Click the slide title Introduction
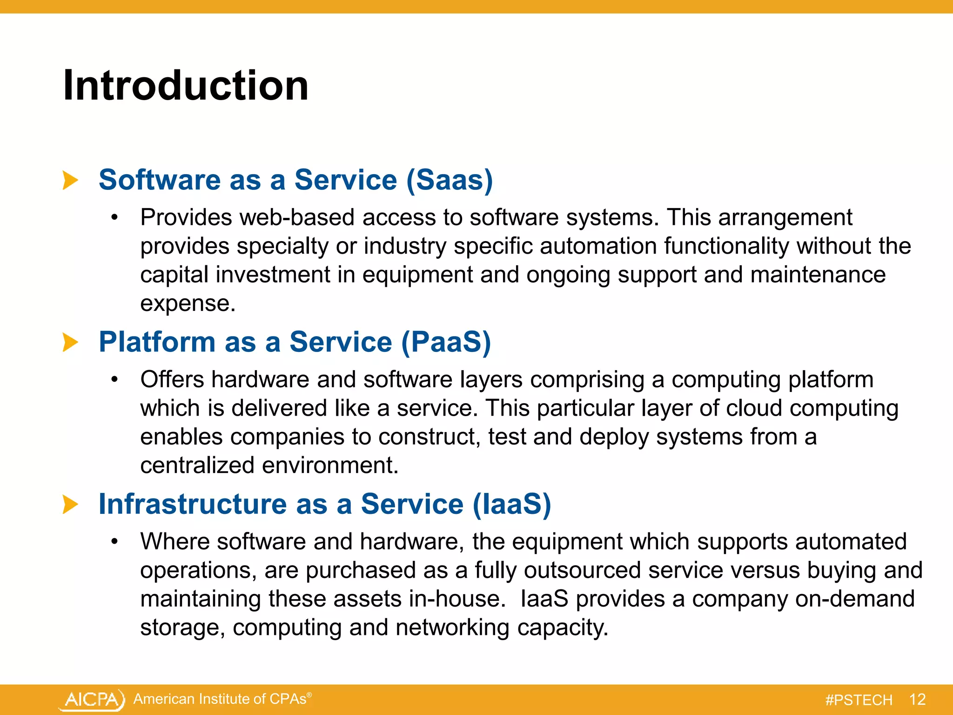[186, 85]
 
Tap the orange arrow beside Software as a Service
[70, 180]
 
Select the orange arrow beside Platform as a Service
[70, 342]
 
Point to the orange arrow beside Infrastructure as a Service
[70, 505]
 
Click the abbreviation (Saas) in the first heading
[449, 180]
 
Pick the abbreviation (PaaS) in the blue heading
[445, 342]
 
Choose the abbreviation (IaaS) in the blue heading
[511, 505]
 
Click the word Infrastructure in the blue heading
[193, 505]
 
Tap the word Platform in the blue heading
[157, 342]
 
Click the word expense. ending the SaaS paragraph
[188, 304]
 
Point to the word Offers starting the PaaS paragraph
[172, 379]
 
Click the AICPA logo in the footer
[93, 700]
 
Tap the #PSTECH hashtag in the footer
[859, 700]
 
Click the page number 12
[917, 700]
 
